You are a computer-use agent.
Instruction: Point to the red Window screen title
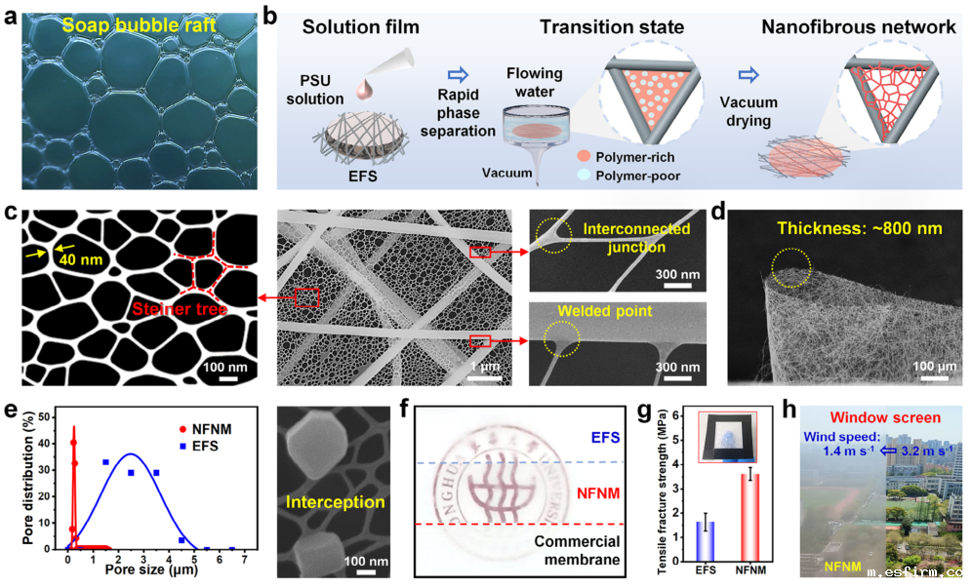881,416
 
